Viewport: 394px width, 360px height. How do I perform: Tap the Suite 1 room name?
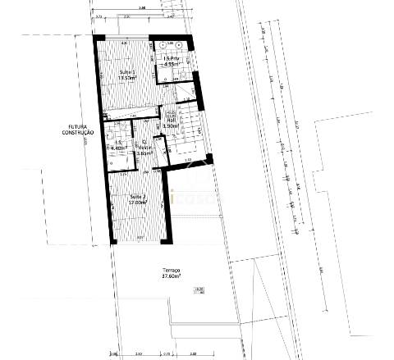coord(127,73)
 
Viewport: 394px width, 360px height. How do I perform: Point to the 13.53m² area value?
coord(127,79)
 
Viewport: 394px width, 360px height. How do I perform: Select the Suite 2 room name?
coord(138,198)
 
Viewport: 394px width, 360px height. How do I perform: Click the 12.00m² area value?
coord(138,203)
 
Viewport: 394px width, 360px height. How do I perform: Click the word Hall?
coord(172,119)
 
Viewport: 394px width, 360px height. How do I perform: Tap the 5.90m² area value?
coord(172,125)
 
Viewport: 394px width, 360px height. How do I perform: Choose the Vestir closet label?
coord(144,147)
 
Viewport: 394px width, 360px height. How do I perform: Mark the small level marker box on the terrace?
coord(199,289)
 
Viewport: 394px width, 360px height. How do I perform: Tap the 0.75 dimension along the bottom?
coord(166,353)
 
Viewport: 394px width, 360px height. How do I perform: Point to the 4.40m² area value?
coord(117,148)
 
